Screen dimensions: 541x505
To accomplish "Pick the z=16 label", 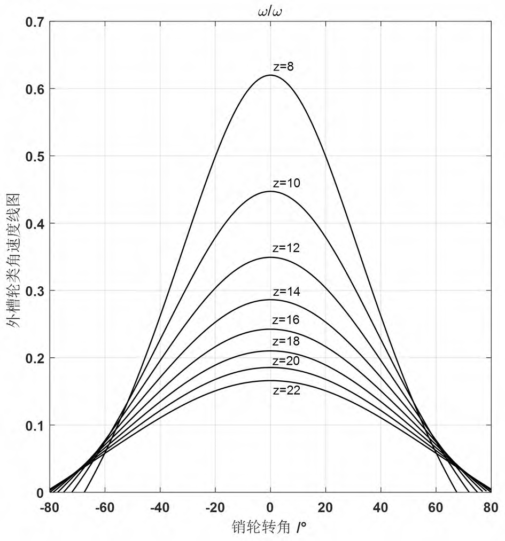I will tap(285, 320).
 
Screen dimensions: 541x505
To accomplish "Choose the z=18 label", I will tap(286, 341).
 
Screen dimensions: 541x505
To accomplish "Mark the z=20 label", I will tap(286, 361).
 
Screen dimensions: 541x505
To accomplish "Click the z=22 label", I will tap(286, 390).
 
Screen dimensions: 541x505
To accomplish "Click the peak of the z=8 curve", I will tap(270, 75).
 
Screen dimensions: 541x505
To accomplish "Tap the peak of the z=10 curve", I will tap(270, 191).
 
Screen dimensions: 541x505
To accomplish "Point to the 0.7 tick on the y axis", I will tap(35, 21).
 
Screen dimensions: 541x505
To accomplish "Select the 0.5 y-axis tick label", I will tap(35, 156).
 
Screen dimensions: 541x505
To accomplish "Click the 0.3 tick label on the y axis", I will tap(35, 291).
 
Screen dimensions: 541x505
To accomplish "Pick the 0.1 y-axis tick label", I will tap(35, 425).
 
